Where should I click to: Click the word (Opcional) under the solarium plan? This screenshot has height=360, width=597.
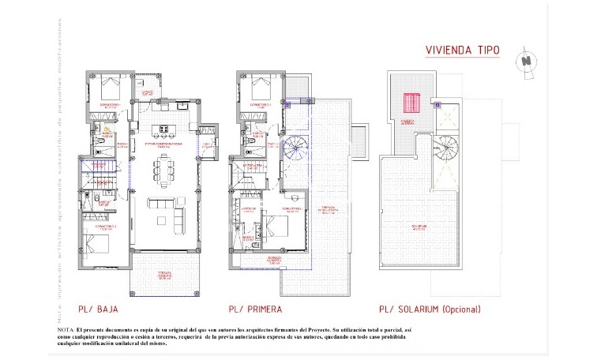coord(451,309)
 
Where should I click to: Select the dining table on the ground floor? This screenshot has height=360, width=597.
coord(164,168)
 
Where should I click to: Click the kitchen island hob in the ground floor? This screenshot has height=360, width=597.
coord(164,129)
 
